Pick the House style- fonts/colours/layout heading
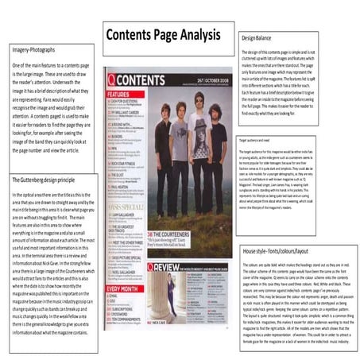(x=278, y=250)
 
